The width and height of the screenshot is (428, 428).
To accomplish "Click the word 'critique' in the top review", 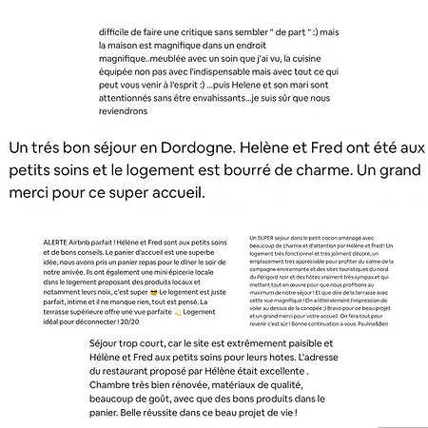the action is [202, 30].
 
